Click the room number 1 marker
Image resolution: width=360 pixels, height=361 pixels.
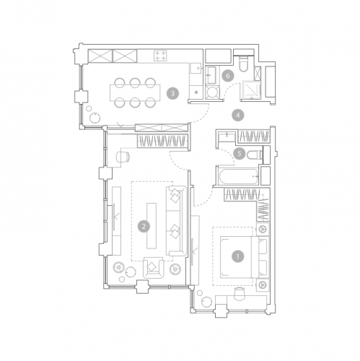pos(238,256)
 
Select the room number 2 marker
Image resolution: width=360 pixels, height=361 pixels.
pos(144,227)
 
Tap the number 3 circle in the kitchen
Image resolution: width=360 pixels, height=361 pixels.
pos(172,93)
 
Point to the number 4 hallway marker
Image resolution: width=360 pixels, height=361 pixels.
pos(238,116)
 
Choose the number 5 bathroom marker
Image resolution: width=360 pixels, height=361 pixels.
pos(239,153)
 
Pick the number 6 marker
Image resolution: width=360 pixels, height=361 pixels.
pos(227,76)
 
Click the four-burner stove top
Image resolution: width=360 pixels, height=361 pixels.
pos(160,56)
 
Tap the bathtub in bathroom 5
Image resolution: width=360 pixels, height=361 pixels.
pos(238,176)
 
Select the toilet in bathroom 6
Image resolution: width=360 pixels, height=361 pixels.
pos(243,64)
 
